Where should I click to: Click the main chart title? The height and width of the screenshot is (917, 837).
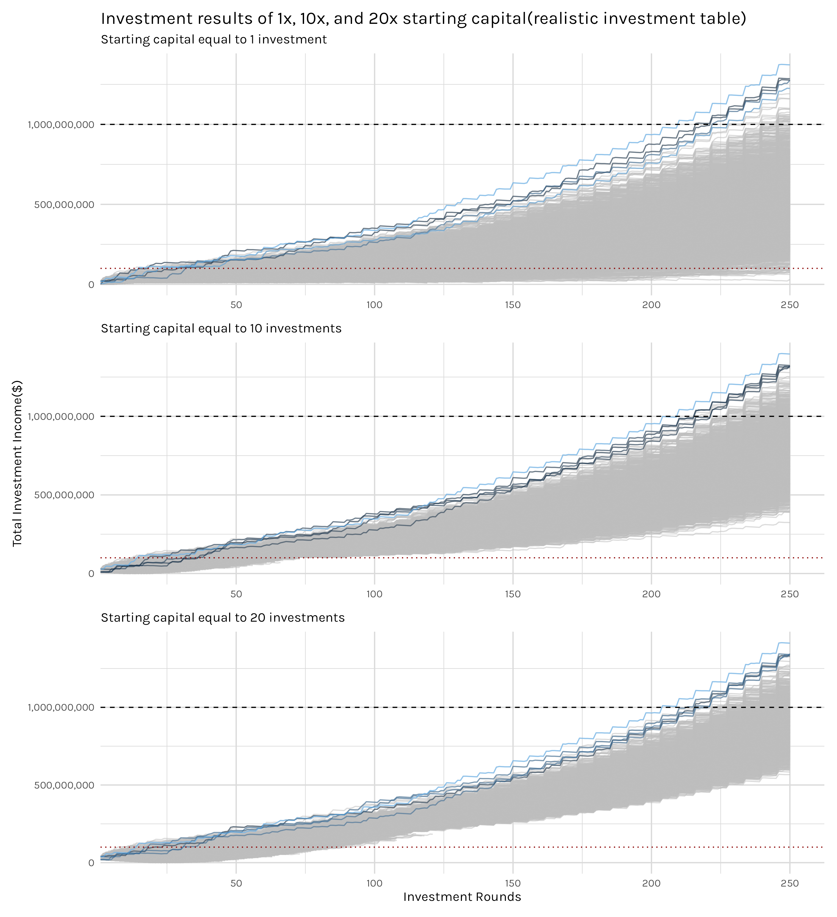(x=423, y=19)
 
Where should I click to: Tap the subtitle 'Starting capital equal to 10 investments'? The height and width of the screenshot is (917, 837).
(x=221, y=328)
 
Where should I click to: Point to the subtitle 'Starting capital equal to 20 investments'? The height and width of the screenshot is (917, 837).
(x=223, y=618)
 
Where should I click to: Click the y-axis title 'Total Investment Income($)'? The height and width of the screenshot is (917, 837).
(x=17, y=463)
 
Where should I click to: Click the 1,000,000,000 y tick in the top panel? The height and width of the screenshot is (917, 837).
(x=61, y=125)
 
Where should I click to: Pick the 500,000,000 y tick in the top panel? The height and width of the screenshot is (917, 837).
(x=64, y=205)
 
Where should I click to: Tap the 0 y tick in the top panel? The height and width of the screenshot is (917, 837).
(x=91, y=285)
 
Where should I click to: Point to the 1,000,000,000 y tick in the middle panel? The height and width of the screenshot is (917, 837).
(x=61, y=417)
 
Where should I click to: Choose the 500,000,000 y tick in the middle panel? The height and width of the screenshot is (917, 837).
(x=64, y=495)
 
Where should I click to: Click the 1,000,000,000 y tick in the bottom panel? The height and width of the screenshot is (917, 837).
(x=61, y=707)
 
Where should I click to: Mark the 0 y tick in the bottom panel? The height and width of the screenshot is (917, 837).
(x=91, y=863)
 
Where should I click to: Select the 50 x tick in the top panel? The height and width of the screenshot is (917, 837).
(x=236, y=305)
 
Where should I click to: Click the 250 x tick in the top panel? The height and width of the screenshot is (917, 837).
(x=790, y=305)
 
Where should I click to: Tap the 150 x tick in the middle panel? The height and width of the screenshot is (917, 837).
(x=513, y=594)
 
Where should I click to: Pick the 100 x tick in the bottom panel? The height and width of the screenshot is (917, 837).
(x=374, y=883)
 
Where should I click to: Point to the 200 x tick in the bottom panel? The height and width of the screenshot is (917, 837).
(x=651, y=883)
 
